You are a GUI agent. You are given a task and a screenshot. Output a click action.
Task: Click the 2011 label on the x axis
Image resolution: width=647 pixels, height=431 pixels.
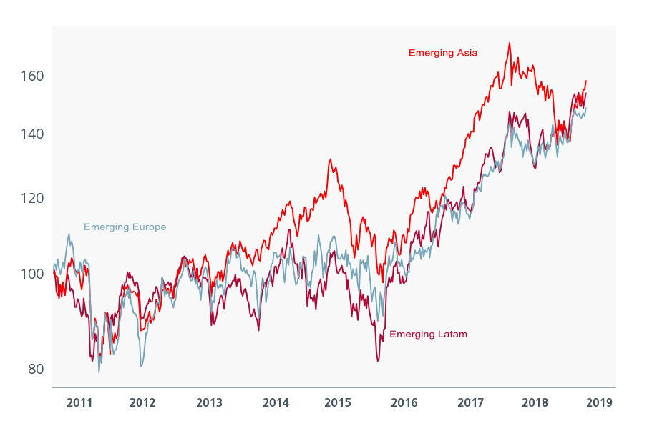click(x=79, y=402)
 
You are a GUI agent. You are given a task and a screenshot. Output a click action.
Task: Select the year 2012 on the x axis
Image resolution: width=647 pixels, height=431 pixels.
click(x=142, y=402)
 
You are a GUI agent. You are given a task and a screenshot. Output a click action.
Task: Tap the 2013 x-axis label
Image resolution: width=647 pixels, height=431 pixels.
click(x=209, y=402)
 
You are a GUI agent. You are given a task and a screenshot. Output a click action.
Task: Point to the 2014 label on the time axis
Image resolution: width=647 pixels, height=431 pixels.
click(x=276, y=402)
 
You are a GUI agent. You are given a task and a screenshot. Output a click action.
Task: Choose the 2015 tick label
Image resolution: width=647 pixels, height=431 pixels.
click(x=338, y=402)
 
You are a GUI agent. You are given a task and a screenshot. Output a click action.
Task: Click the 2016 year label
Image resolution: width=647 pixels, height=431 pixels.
click(x=404, y=402)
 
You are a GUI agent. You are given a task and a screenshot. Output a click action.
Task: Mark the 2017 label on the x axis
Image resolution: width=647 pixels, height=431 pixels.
click(x=471, y=402)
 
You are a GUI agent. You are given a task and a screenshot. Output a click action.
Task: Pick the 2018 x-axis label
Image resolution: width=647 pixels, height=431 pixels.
click(x=535, y=402)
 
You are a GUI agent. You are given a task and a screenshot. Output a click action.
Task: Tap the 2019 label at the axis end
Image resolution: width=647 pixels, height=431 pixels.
click(x=599, y=402)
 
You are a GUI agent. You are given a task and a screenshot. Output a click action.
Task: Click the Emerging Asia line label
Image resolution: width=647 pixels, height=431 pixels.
click(x=443, y=53)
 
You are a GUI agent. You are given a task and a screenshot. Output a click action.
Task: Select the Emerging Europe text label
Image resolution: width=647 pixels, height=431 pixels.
click(x=125, y=227)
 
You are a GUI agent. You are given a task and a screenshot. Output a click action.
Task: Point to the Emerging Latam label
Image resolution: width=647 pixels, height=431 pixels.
click(x=428, y=335)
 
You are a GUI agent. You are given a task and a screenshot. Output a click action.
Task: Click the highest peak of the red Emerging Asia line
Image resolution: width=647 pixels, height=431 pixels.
click(x=510, y=43)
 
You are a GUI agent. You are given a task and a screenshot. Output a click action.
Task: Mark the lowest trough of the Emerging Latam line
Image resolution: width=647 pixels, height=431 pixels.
click(x=377, y=361)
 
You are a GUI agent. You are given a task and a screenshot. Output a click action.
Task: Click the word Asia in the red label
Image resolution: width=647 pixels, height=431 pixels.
click(x=466, y=53)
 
